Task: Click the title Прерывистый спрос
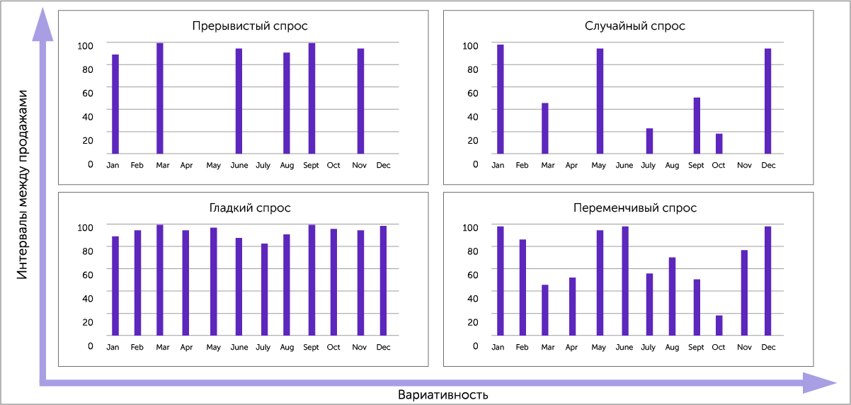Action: tap(249, 26)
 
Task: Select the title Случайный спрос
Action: tap(635, 26)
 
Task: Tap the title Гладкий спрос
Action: tap(249, 208)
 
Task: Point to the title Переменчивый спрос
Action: tap(635, 208)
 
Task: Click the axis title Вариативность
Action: tap(443, 394)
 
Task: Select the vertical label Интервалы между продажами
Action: tap(23, 185)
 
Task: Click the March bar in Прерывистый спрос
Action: tap(160, 98)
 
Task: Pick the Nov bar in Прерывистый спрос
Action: tap(360, 101)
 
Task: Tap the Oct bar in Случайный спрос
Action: tap(719, 144)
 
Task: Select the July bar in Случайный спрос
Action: tap(649, 141)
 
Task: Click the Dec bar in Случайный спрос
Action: tap(767, 101)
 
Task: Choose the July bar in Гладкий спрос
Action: tap(265, 290)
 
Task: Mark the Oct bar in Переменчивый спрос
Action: tap(719, 326)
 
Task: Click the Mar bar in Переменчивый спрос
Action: tap(545, 310)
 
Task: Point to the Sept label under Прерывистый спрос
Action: tap(311, 166)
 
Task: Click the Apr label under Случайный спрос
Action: tap(571, 166)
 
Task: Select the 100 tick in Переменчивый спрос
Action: tap(470, 227)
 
